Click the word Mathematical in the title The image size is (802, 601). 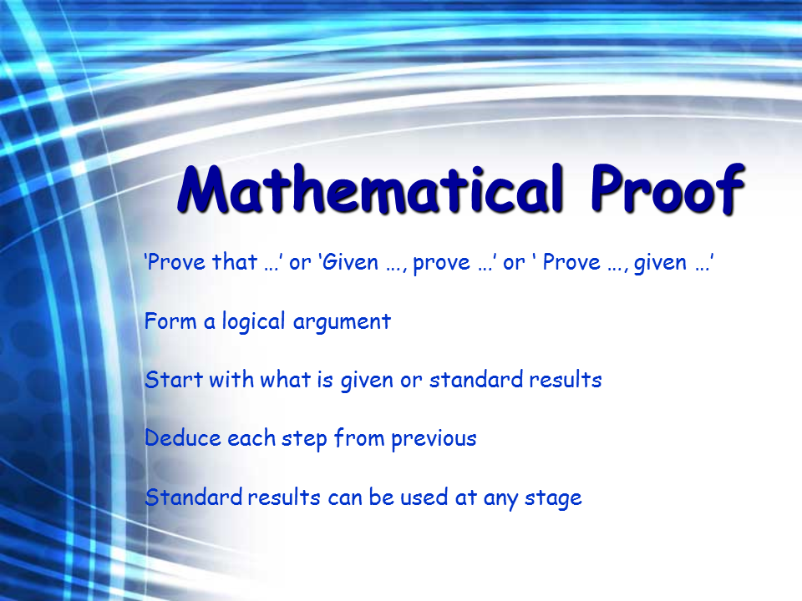pyautogui.click(x=371, y=189)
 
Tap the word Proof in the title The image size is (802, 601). pyautogui.click(x=667, y=189)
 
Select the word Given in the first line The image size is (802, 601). pyautogui.click(x=351, y=262)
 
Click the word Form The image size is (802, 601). pyautogui.click(x=170, y=321)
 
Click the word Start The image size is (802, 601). pyautogui.click(x=174, y=380)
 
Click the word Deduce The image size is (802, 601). pyautogui.click(x=183, y=438)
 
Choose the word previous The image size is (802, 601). pyautogui.click(x=434, y=440)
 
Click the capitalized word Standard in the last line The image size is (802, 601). pyautogui.click(x=193, y=497)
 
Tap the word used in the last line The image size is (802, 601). pyautogui.click(x=424, y=497)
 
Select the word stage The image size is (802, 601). pyautogui.click(x=553, y=499)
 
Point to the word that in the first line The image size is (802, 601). pyautogui.click(x=235, y=262)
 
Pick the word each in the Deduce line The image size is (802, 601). pyautogui.click(x=251, y=438)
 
